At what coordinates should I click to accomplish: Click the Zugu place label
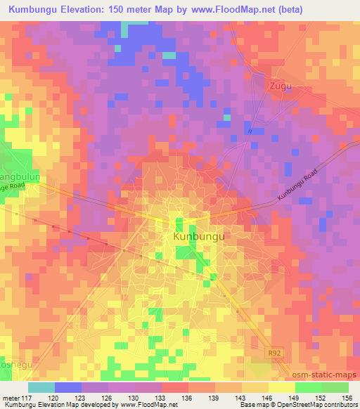coord(280,86)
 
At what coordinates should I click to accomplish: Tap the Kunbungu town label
coord(198,238)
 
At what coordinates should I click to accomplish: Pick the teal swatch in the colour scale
coord(41,387)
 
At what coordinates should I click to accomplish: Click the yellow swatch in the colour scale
coord(282,387)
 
